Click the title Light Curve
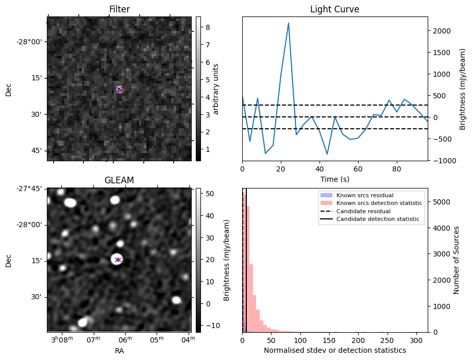click(335, 9)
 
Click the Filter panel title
click(119, 9)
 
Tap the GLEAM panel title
click(119, 180)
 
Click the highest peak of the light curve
click(289, 23)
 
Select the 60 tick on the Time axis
click(358, 169)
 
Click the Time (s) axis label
click(335, 179)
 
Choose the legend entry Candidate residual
click(363, 211)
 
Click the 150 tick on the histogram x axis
click(329, 340)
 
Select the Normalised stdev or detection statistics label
click(335, 350)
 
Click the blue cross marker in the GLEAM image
click(117, 260)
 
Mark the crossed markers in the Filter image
click(119, 89)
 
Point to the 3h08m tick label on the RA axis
click(62, 339)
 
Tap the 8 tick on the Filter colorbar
click(208, 27)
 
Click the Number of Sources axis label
click(456, 260)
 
